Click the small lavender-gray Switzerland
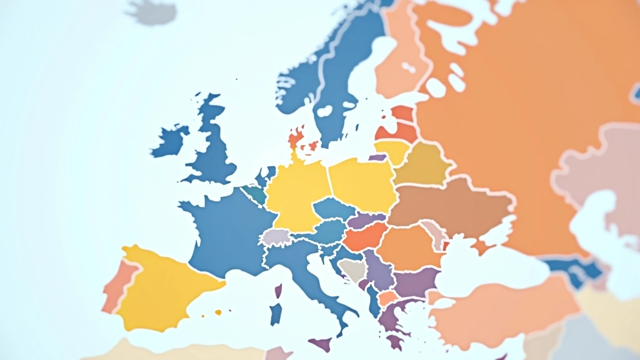coord(276,237)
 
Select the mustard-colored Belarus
coord(422,164)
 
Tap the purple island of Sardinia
coord(276,312)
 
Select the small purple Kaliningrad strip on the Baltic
coord(377,157)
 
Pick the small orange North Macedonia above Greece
coord(388,298)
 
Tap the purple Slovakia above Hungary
coord(366,221)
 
